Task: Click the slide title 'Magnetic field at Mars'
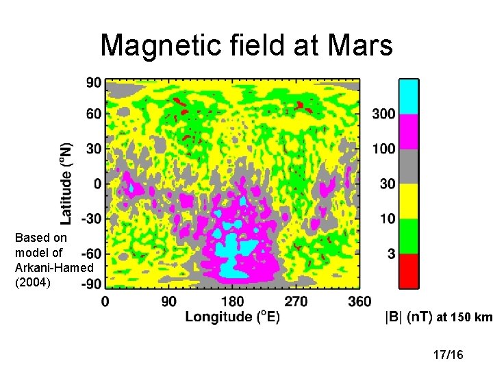(x=246, y=46)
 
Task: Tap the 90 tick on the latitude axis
(x=93, y=83)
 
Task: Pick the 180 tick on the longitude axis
(x=231, y=301)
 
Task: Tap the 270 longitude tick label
(x=296, y=301)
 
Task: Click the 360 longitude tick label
(x=359, y=301)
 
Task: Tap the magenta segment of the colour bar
(x=409, y=132)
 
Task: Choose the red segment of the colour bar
(x=409, y=271)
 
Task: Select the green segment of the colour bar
(x=409, y=236)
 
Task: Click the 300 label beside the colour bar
(x=384, y=114)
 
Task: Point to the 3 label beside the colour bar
(x=392, y=254)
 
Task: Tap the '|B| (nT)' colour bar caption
(x=408, y=317)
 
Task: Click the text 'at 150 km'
(x=464, y=317)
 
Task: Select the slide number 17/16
(x=448, y=354)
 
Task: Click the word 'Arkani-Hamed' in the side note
(x=54, y=267)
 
